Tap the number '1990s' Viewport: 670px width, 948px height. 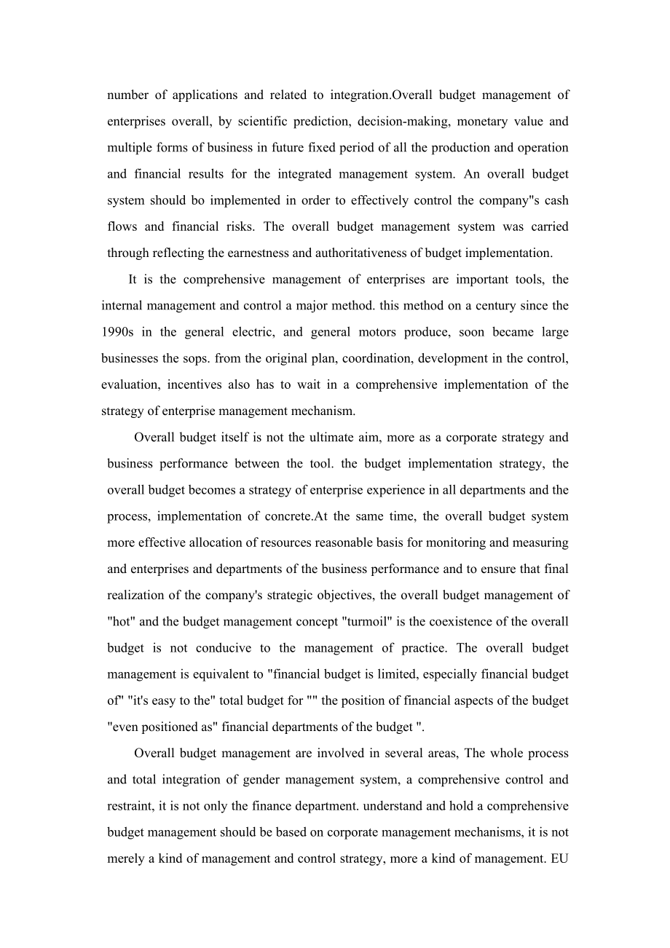[117, 332]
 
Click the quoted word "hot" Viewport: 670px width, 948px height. [119, 621]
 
